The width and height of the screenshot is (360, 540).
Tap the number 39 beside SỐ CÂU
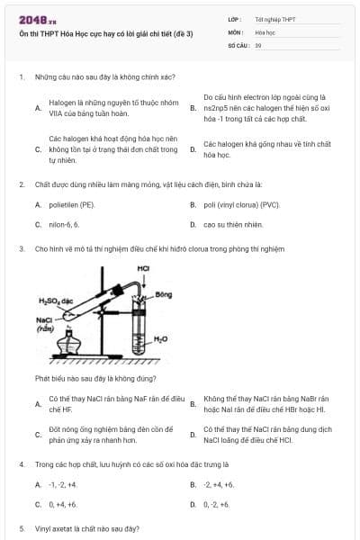click(258, 44)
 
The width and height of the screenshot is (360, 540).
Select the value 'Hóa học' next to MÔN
click(265, 31)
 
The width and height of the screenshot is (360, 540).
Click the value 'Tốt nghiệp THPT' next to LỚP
click(274, 19)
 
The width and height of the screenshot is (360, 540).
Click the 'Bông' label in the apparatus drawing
click(163, 294)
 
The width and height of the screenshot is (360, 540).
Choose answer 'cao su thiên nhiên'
click(233, 224)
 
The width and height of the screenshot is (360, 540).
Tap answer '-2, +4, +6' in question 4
click(219, 484)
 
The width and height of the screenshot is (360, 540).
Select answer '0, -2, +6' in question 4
click(217, 504)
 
